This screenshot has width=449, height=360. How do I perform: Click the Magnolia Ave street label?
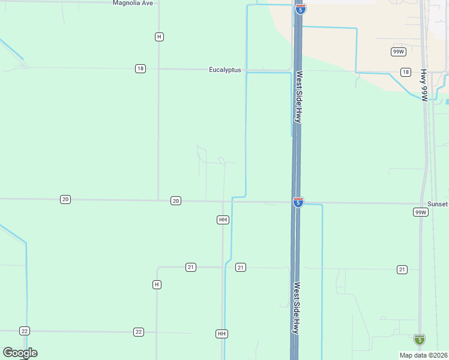tap(133, 3)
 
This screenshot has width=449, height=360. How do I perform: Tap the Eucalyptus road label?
tap(224, 70)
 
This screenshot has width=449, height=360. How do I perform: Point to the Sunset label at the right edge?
tap(437, 204)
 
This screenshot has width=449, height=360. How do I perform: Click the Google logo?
tap(20, 353)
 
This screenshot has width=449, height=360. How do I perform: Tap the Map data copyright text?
tap(423, 355)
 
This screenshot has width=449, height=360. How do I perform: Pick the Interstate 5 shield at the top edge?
tap(300, 9)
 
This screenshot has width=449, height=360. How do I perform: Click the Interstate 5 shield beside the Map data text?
tap(419, 340)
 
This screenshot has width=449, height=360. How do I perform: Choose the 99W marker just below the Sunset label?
tap(420, 212)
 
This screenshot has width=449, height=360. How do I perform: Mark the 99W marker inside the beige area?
tap(397, 52)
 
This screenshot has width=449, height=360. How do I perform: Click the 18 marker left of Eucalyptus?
tap(140, 69)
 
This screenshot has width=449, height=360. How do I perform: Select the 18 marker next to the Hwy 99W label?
tap(406, 73)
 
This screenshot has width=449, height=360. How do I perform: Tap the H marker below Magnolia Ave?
tap(158, 37)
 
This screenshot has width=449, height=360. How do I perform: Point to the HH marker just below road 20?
tap(223, 220)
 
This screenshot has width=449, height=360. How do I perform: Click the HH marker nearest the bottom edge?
tap(221, 334)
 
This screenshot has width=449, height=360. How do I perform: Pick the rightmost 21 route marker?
tap(402, 269)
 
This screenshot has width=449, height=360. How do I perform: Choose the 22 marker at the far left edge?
tap(24, 331)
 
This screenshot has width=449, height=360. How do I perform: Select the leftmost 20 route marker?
tap(65, 199)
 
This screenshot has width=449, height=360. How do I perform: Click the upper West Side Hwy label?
tap(298, 97)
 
